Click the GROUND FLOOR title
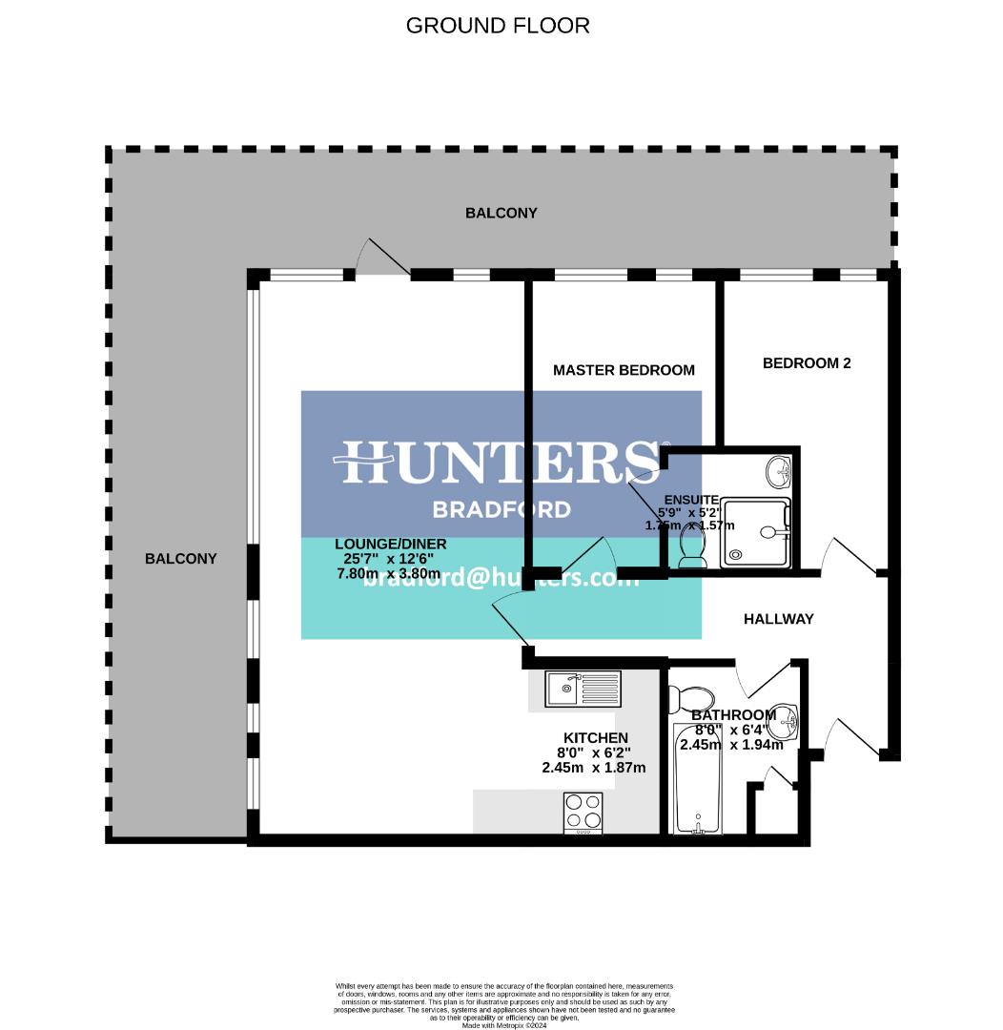click(498, 26)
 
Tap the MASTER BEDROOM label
click(624, 370)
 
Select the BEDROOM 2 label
click(807, 363)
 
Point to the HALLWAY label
click(779, 619)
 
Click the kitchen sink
click(583, 688)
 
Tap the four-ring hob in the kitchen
click(583, 813)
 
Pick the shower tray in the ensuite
click(756, 532)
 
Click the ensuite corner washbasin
click(779, 468)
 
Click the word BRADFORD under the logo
click(501, 509)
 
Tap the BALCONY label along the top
click(501, 214)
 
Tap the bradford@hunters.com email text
click(501, 578)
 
